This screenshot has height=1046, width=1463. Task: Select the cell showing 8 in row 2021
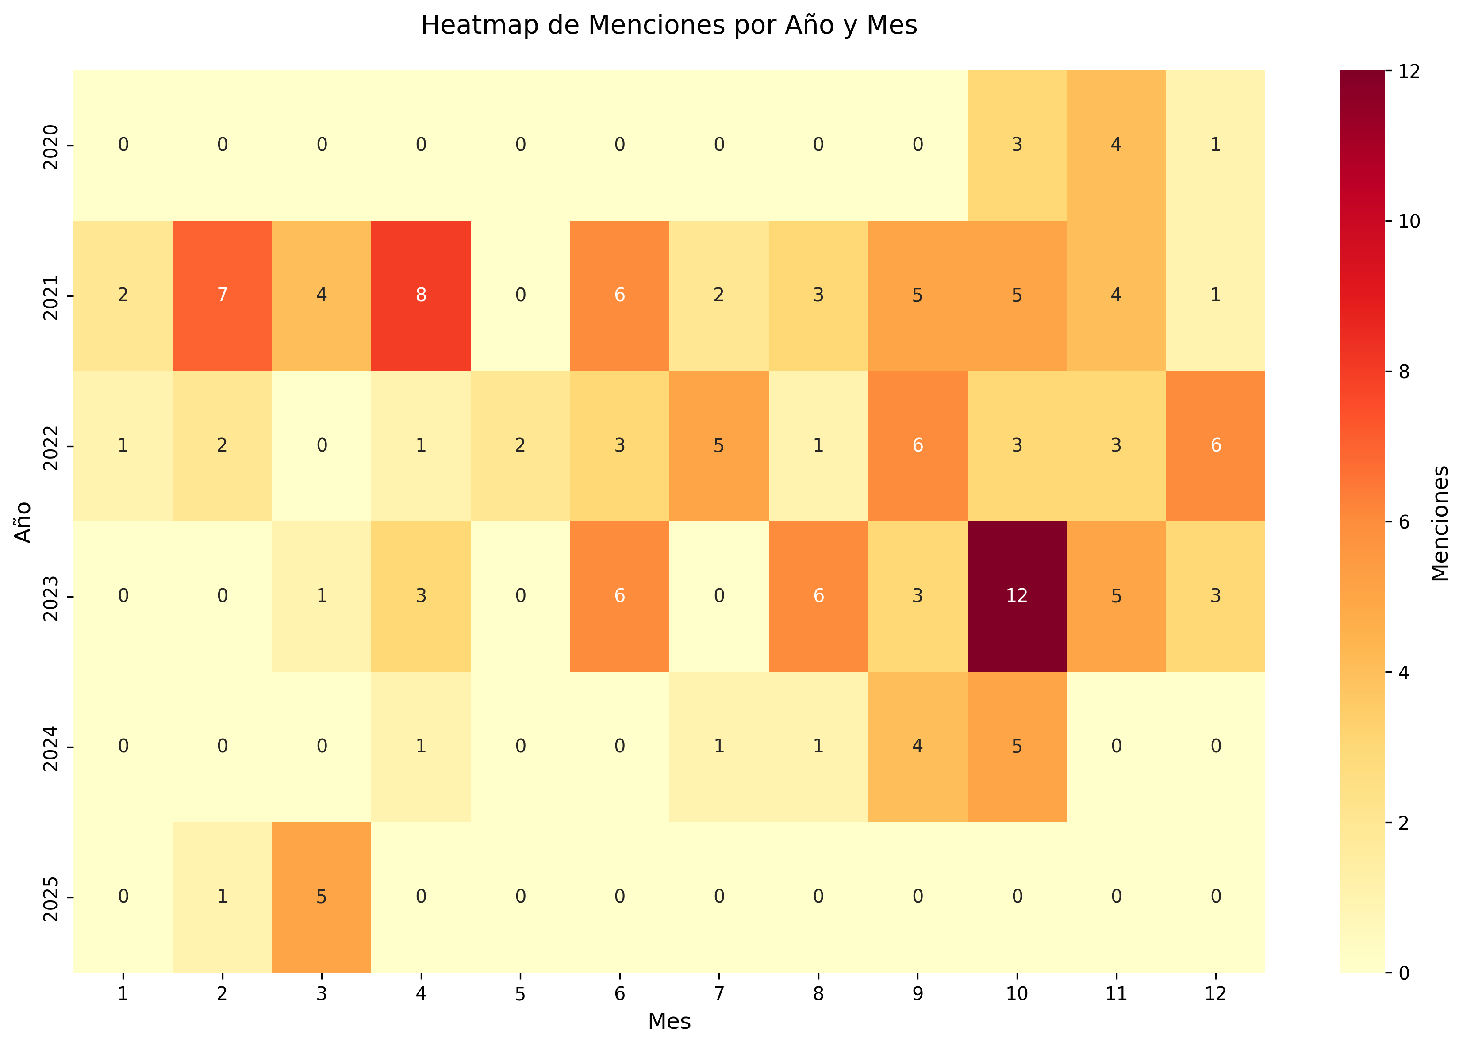pos(421,295)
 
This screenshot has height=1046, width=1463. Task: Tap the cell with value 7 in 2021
pos(222,295)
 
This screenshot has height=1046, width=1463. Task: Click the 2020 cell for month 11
pos(1115,145)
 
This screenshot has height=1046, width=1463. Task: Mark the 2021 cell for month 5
pos(520,295)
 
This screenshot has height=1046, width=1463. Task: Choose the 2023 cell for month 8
pos(818,596)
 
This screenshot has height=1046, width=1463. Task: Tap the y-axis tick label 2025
pos(51,897)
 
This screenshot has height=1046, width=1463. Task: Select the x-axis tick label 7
pos(718,994)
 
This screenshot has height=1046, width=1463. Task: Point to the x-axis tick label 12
pos(1214,994)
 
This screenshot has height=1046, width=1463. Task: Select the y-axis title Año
pos(23,522)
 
